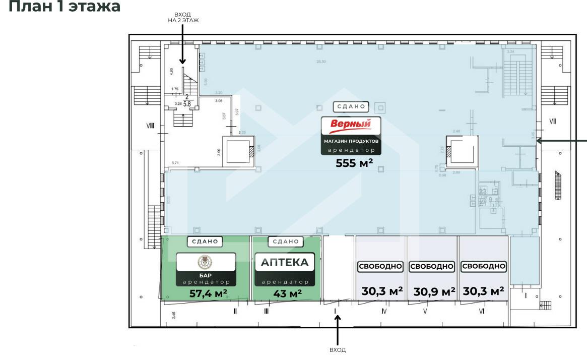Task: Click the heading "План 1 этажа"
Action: pyautogui.click(x=64, y=7)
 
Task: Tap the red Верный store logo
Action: pyautogui.click(x=351, y=124)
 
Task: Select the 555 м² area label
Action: pyautogui.click(x=354, y=162)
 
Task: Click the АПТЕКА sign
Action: pyautogui.click(x=285, y=263)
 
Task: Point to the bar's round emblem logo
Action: pyautogui.click(x=206, y=262)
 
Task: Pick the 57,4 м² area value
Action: pyautogui.click(x=208, y=293)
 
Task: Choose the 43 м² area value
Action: pyautogui.click(x=287, y=293)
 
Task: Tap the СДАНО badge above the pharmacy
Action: pyautogui.click(x=285, y=242)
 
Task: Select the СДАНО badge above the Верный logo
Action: pyautogui.click(x=351, y=107)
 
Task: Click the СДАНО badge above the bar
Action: pyautogui.click(x=206, y=242)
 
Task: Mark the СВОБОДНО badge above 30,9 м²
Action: pyautogui.click(x=432, y=266)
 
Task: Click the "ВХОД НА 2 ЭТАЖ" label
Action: pyautogui.click(x=183, y=18)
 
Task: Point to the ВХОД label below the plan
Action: pyautogui.click(x=338, y=349)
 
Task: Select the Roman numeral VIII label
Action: pyautogui.click(x=150, y=126)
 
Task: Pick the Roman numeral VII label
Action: pyautogui.click(x=552, y=121)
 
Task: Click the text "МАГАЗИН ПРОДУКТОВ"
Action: pyautogui.click(x=351, y=142)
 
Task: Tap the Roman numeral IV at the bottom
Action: pyautogui.click(x=384, y=312)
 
